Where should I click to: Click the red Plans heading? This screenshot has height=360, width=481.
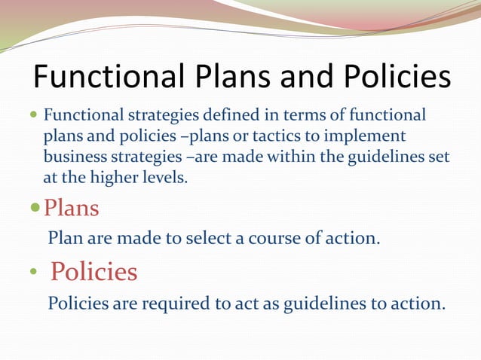tap(72, 206)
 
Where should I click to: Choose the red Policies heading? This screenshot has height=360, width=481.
tap(93, 271)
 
